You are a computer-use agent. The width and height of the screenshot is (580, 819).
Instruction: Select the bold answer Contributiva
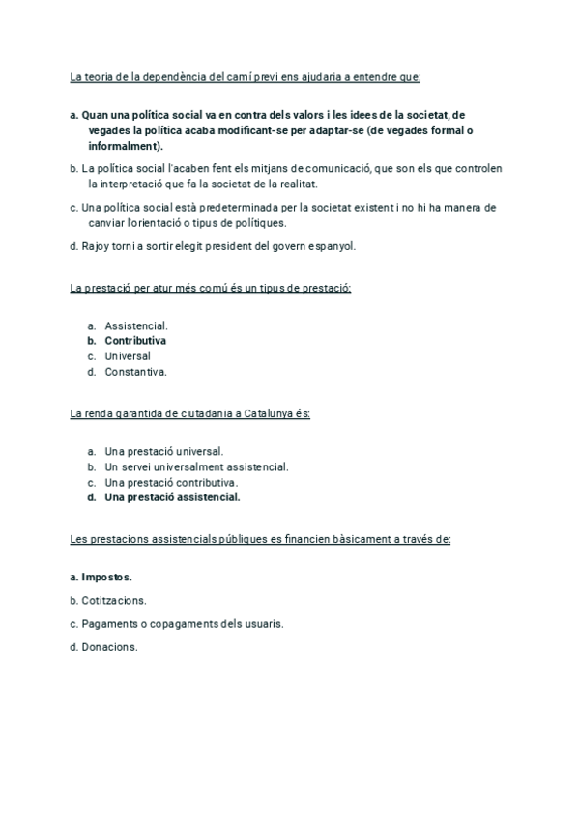(x=135, y=341)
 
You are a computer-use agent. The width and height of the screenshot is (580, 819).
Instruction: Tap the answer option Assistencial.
(x=135, y=325)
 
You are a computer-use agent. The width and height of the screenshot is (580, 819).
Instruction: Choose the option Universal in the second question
(x=128, y=355)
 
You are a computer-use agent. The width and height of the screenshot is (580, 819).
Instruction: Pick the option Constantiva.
(x=135, y=371)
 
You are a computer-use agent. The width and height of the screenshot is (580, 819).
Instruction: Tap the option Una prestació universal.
(x=163, y=451)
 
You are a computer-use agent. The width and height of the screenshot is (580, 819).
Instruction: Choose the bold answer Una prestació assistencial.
(x=172, y=497)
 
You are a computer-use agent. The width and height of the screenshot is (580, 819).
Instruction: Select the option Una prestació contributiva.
(x=171, y=482)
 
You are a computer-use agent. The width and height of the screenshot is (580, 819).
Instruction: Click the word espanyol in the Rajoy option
(x=333, y=245)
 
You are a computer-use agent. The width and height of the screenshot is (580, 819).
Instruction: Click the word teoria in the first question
(x=99, y=77)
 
